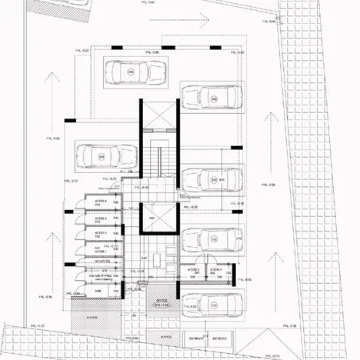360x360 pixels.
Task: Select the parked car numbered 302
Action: pos(212,98)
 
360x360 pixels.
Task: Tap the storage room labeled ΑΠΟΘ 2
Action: pos(100,234)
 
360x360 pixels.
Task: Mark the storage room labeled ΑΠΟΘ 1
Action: pos(100,250)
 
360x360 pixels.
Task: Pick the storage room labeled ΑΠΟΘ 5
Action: pos(195,272)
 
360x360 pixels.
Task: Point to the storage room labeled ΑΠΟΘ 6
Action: pos(216,272)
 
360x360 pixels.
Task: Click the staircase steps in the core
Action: pos(162,165)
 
